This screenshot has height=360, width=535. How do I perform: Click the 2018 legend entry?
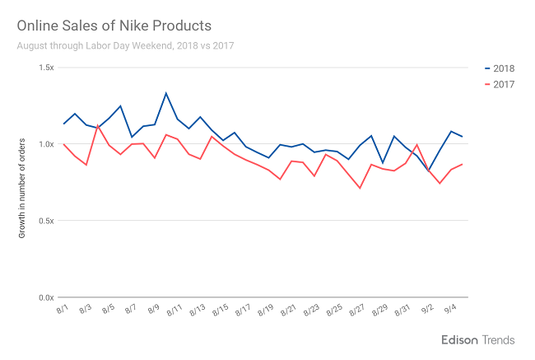500,68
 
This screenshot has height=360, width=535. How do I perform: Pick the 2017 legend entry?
500,84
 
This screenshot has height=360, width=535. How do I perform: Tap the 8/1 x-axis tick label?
62,311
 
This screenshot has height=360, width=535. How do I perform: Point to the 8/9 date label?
152,311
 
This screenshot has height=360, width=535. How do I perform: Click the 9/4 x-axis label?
451,311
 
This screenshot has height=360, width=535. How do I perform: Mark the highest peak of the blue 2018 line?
166,93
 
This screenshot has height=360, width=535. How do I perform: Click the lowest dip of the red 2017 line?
360,188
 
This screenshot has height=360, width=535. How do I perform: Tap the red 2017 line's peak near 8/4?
98,124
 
